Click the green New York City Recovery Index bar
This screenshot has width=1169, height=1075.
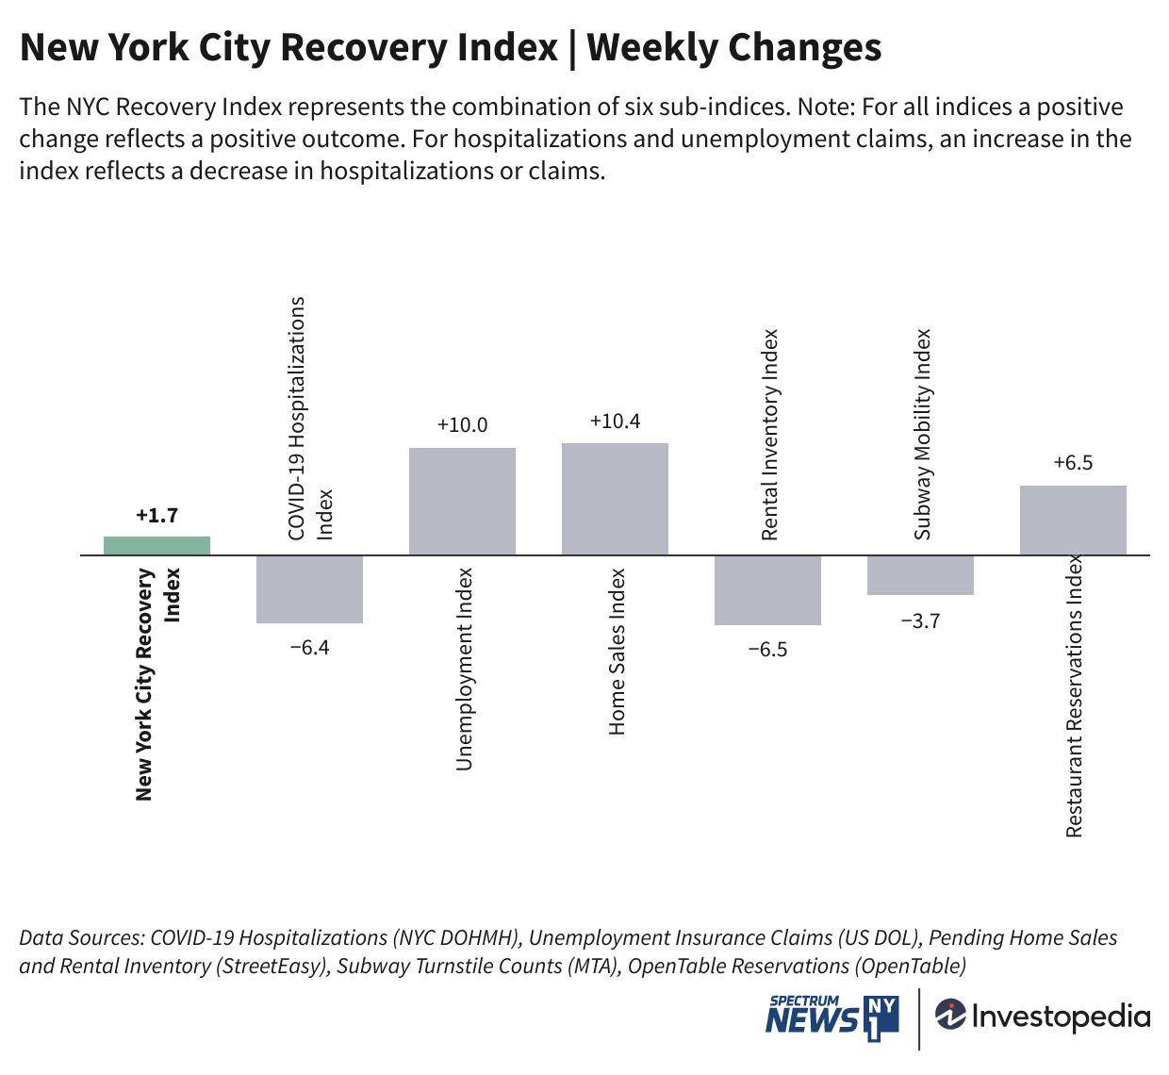[156, 545]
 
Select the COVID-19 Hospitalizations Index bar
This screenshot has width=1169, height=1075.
[309, 588]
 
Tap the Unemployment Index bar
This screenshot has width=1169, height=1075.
[462, 501]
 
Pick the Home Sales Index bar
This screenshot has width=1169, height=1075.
[615, 499]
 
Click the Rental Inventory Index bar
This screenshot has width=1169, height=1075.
[767, 589]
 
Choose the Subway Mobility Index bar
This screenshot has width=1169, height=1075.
[920, 574]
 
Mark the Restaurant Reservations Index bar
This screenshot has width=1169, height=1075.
[1073, 520]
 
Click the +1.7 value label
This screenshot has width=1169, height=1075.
[156, 516]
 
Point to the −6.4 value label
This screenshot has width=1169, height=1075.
[309, 648]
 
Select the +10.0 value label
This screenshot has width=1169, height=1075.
[462, 425]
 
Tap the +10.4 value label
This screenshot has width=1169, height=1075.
[615, 422]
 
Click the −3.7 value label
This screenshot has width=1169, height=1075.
[920, 621]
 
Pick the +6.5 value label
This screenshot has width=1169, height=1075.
[1073, 463]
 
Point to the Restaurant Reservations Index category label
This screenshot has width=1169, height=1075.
[1075, 696]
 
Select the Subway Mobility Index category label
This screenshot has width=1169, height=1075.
[923, 434]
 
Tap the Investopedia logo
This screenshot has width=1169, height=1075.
[1043, 1017]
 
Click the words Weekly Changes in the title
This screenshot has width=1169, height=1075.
[734, 47]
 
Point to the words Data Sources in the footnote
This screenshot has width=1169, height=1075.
[81, 938]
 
